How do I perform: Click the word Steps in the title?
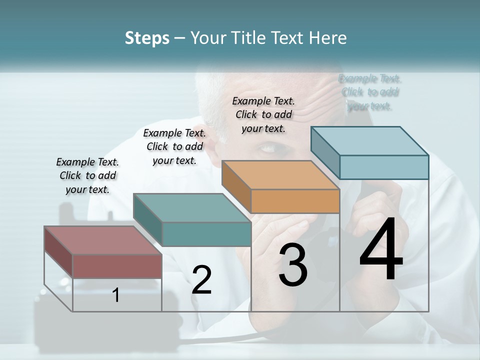click(147, 38)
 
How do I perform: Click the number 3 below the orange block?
click(293, 265)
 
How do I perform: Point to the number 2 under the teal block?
click(201, 280)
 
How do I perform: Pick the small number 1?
click(116, 295)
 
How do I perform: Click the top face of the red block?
click(102, 240)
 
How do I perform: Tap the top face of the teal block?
click(192, 208)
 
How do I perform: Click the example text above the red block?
click(87, 175)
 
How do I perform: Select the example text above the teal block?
click(174, 146)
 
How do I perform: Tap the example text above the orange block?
click(263, 114)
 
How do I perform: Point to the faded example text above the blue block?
click(370, 92)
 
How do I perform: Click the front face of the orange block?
click(295, 201)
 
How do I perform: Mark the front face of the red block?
click(117, 266)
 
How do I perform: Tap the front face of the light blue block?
click(384, 167)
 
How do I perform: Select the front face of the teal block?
click(206, 234)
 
